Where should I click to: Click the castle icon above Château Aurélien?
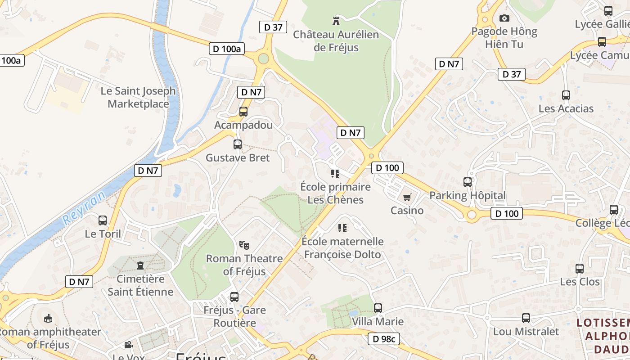coord(336,21)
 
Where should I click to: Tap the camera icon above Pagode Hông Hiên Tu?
coord(504,18)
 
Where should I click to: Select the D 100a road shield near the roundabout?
coord(226,49)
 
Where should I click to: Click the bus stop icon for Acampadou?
coord(243,111)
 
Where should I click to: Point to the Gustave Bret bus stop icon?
coord(238,144)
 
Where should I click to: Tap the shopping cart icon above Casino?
coord(407,197)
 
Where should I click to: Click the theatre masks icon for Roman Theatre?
coord(244,245)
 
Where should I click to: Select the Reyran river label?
coord(84,207)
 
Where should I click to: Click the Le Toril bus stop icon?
coord(103,220)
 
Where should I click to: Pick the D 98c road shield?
coord(383,339)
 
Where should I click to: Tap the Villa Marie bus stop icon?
coord(378,308)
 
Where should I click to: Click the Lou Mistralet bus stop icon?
coord(526,318)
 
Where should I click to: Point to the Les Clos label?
coord(580,282)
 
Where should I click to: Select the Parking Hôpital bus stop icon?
coord(468,182)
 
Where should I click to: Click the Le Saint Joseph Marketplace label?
coord(138,97)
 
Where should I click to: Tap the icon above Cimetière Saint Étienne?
coord(140,265)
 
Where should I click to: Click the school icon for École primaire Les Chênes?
coord(335,173)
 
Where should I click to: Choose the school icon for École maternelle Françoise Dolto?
coord(342,228)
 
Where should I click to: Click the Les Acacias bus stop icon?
coord(566,95)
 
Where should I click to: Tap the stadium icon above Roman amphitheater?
coord(48,319)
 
